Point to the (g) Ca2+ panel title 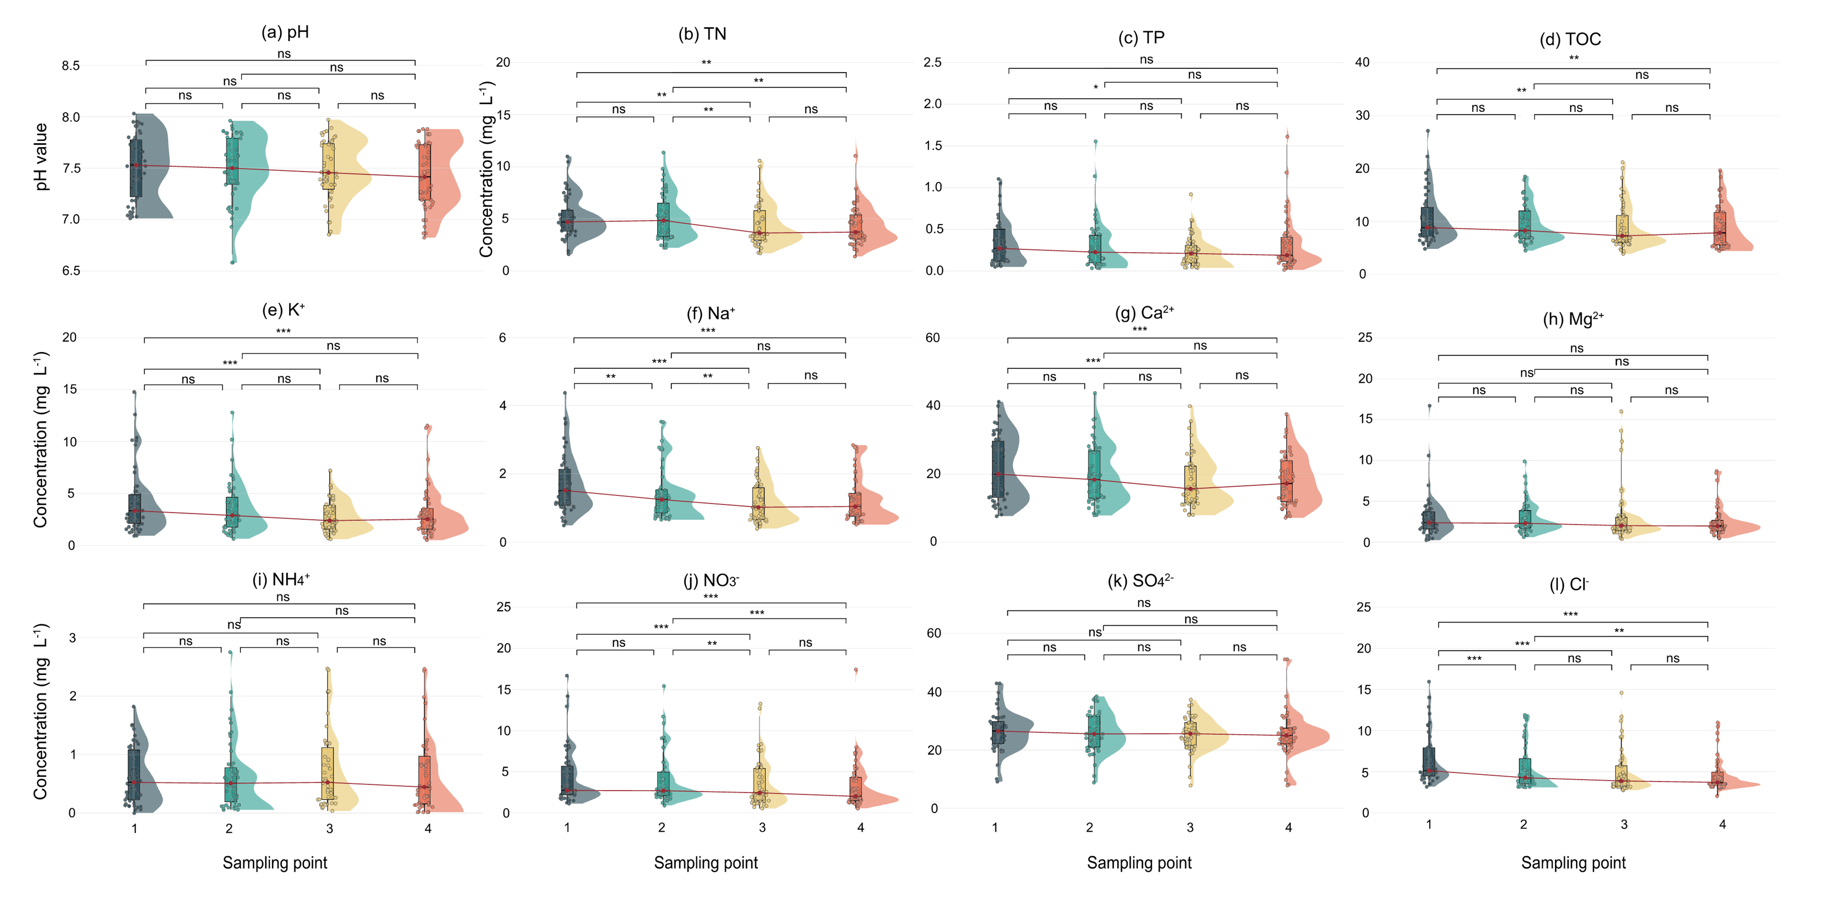point(1144,313)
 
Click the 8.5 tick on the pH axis point(71,66)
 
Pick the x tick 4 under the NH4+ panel point(428,828)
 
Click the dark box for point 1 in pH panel point(135,168)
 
